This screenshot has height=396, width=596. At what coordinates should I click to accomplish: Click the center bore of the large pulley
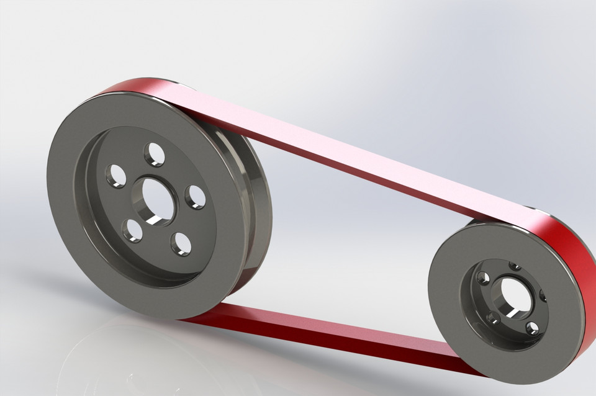151,200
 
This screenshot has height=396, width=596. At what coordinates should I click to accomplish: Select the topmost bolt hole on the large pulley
154,154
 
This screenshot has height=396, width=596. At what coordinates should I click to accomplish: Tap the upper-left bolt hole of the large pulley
115,176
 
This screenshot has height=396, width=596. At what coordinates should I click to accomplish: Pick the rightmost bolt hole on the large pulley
195,197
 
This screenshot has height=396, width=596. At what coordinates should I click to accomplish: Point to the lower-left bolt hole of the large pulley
132,230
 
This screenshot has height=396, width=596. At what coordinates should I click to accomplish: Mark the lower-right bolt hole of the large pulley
181,243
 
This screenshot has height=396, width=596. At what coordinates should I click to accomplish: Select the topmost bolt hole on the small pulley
515,266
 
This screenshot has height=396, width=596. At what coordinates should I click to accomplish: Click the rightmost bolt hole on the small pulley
543,295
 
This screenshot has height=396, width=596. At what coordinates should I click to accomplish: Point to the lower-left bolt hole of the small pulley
492,318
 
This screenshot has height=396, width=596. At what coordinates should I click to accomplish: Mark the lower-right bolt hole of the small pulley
532,328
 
